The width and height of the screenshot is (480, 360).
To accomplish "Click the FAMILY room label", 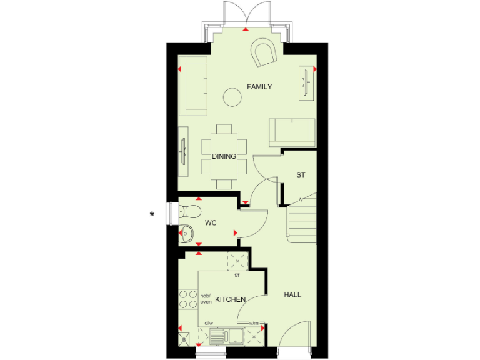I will coord(259,87).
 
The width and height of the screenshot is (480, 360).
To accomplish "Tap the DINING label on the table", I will coord(224,156).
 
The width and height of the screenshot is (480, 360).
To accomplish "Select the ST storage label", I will coord(301,175).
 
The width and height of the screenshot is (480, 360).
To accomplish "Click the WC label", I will coord(211,222).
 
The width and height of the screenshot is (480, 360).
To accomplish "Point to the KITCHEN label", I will coord(230,300).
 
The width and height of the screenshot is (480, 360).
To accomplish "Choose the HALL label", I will coord(292,295).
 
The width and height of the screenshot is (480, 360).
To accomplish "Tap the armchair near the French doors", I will coord(263,53).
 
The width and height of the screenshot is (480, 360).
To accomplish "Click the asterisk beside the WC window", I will coord(152,215).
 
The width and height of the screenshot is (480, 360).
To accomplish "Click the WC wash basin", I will coord(186,234).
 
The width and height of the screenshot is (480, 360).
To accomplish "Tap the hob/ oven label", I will coord(206,299).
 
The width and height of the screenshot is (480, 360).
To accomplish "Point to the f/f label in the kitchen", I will coord(237,276).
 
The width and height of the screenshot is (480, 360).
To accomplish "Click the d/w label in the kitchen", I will coord(209,323).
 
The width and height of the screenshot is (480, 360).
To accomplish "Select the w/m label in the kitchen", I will coord(255,323).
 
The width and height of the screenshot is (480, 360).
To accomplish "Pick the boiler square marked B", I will coord(184,340).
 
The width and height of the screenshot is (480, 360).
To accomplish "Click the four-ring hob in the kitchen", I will coord(188,299).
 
